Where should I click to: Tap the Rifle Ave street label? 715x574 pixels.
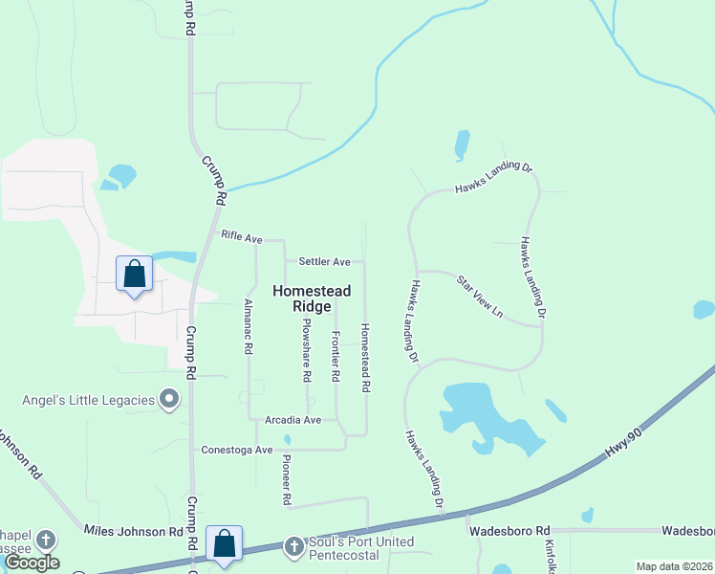pyautogui.click(x=241, y=235)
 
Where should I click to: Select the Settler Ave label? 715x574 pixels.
pyautogui.click(x=324, y=261)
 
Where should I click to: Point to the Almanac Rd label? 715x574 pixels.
pyautogui.click(x=249, y=326)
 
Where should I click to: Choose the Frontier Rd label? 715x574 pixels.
pyautogui.click(x=336, y=357)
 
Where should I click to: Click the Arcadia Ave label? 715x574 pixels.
pyautogui.click(x=293, y=419)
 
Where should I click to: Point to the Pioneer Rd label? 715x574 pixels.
pyautogui.click(x=286, y=478)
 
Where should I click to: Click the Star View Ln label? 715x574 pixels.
pyautogui.click(x=479, y=297)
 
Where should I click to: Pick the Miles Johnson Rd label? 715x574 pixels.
pyautogui.click(x=133, y=530)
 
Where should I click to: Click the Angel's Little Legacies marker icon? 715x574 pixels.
pyautogui.click(x=170, y=399)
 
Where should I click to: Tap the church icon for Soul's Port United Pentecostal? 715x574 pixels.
pyautogui.click(x=294, y=547)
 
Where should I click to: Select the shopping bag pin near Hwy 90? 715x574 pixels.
pyautogui.click(x=224, y=544)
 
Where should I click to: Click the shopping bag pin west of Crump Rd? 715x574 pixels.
pyautogui.click(x=134, y=275)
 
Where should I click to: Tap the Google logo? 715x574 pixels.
pyautogui.click(x=32, y=563)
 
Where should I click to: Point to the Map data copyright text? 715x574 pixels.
pyautogui.click(x=673, y=566)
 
